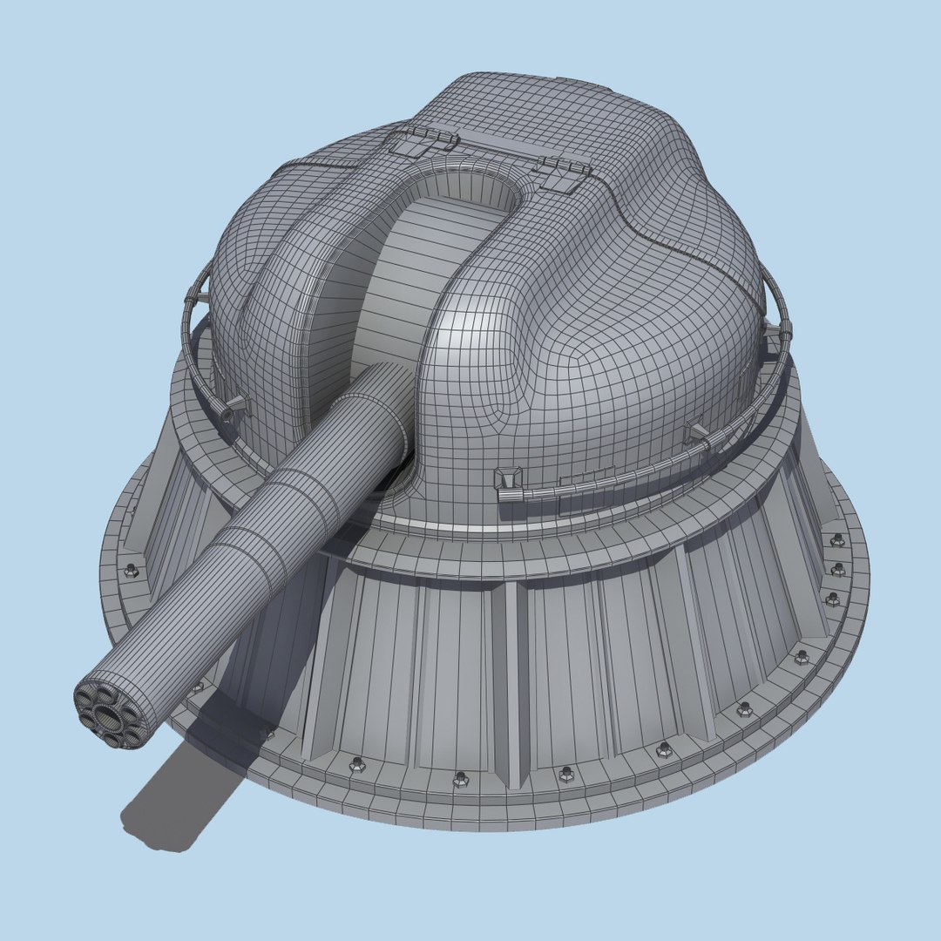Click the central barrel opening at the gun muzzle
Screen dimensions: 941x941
[109, 718]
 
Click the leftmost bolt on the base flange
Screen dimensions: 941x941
[132, 570]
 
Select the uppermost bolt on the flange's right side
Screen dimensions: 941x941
[837, 540]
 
